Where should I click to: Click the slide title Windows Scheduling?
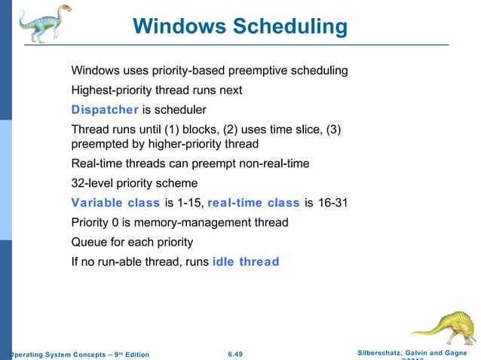[240, 27]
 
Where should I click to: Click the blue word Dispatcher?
[104, 109]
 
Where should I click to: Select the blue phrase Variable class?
[115, 203]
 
